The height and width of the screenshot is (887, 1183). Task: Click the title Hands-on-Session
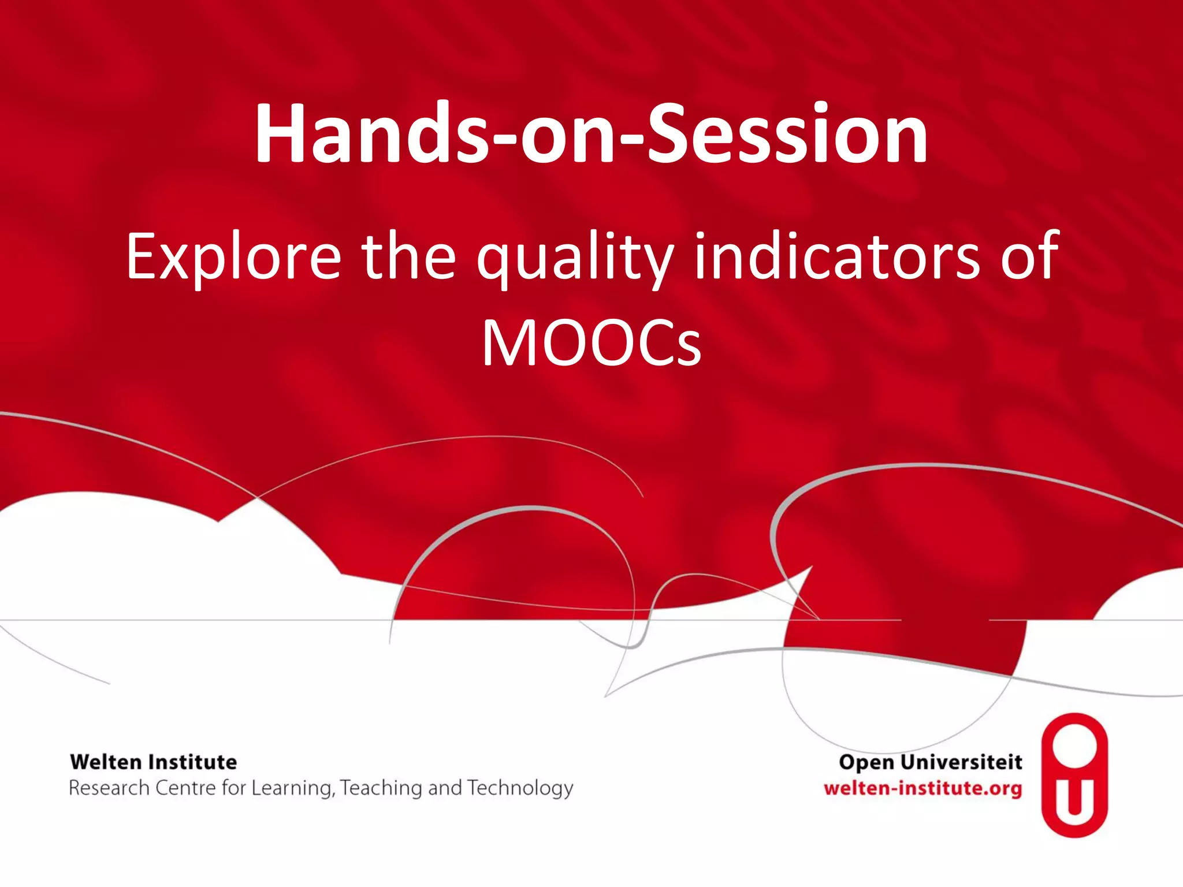591,134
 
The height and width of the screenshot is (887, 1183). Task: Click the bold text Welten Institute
153,762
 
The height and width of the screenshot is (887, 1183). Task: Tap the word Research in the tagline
109,788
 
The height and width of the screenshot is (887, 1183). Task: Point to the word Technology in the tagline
520,788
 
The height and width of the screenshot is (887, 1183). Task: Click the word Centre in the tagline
185,788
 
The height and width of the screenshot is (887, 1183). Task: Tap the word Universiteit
961,762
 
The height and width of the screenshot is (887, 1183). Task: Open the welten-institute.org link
922,788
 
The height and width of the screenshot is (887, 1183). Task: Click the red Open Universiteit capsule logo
1074,774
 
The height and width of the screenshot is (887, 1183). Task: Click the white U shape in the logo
1074,800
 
